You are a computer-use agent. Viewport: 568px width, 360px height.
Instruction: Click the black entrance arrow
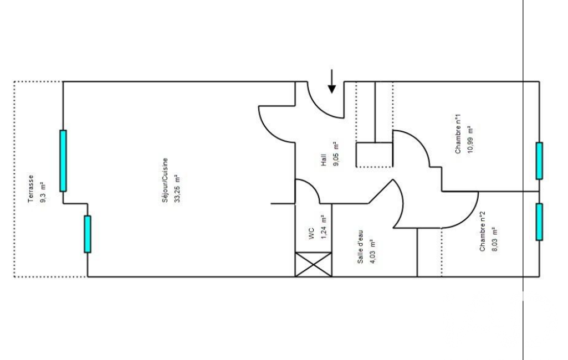point(331,82)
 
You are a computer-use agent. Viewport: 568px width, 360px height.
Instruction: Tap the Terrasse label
point(31,189)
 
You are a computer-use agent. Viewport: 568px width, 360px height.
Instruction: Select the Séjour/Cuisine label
point(165,180)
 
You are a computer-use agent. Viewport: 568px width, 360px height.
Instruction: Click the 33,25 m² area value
point(177,188)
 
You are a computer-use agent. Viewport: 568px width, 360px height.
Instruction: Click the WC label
point(311,234)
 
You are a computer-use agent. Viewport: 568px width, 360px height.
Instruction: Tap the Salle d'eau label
point(360,246)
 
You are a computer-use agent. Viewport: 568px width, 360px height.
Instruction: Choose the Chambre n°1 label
point(458,134)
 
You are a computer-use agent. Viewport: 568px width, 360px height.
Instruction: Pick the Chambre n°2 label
point(483,232)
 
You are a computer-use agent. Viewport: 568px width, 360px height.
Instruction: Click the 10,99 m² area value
point(470,140)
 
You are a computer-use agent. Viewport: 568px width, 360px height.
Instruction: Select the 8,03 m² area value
point(495,239)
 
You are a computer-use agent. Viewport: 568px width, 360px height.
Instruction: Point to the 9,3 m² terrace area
point(43,192)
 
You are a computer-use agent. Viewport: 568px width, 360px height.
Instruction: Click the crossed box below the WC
point(313,264)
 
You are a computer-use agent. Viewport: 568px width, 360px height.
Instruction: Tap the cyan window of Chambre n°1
point(539,161)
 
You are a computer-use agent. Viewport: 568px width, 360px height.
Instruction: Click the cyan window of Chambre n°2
point(539,222)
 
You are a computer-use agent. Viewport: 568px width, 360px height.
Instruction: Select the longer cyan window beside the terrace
point(63,161)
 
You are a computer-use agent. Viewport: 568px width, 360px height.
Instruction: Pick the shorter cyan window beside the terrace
point(88,234)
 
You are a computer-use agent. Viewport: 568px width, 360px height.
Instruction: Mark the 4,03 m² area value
point(373,251)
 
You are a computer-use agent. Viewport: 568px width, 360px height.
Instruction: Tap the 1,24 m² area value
point(324,227)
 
